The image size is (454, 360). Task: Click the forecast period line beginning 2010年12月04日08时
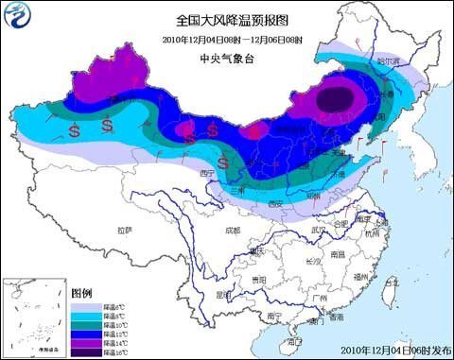coord(226,39)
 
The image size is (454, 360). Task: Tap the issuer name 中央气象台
coord(226,57)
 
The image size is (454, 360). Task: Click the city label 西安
coord(275,203)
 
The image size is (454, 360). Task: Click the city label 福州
coord(358,277)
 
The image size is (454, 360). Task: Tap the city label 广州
coord(322,303)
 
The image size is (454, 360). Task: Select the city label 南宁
coord(275,314)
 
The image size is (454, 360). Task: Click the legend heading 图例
coord(82,293)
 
